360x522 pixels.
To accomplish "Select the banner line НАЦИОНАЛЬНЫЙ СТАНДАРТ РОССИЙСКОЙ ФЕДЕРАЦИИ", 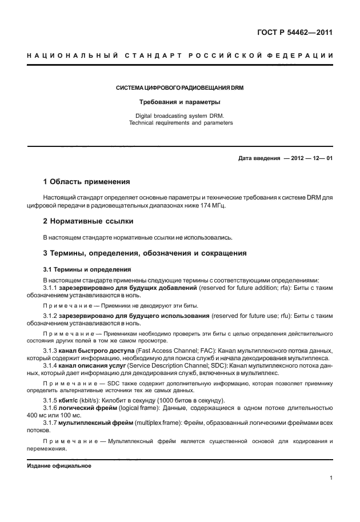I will (x=180, y=55).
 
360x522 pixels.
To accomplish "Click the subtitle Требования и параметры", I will (x=180, y=102).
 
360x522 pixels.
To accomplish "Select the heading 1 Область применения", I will (x=91, y=182).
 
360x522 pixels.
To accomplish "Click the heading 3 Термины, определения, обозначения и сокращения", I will (x=146, y=252).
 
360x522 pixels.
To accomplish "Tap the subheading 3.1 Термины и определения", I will (x=87, y=269).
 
